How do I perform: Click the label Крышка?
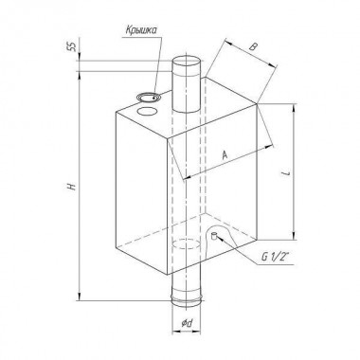141,30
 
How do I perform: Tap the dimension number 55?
72,46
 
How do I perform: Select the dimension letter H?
72,186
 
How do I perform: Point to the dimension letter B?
253,47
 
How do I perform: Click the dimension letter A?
225,155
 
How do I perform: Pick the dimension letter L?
286,173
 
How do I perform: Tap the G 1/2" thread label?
274,256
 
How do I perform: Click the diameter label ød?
187,323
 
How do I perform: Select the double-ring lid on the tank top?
149,97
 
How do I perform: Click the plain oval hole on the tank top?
147,111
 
